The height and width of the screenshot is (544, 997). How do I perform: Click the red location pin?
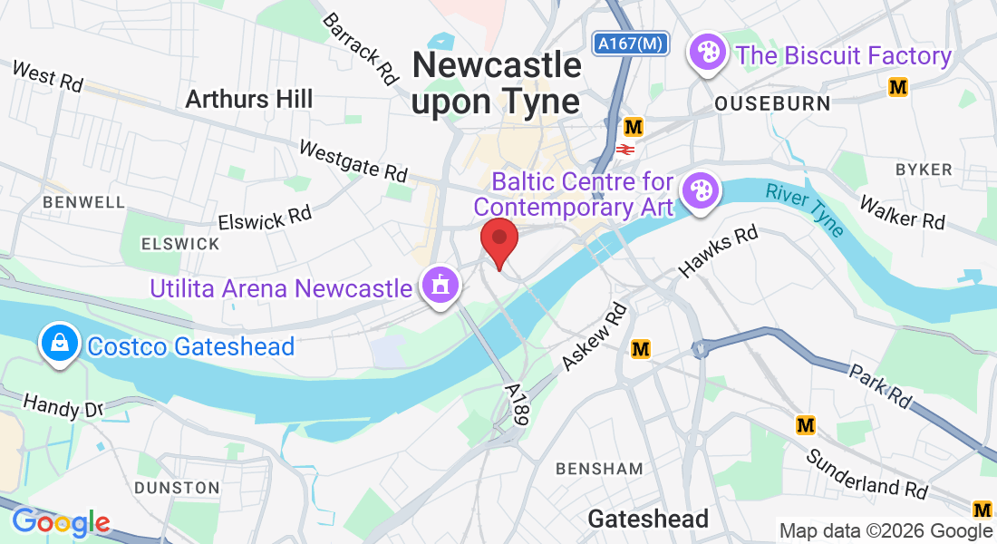coord(498,241)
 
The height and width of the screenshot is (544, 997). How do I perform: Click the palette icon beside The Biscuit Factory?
coord(707,54)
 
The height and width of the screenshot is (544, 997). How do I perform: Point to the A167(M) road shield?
coord(632,43)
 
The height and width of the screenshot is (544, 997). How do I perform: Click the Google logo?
coord(61,522)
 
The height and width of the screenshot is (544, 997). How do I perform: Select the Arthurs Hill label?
coord(248,99)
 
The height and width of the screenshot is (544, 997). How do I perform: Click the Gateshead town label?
coord(648,519)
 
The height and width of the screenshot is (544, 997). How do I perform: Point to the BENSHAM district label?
coord(599,469)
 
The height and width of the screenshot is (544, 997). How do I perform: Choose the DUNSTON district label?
coord(177,488)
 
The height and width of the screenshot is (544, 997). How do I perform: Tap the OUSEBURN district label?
coord(772,103)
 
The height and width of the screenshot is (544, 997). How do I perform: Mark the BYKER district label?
coord(924,170)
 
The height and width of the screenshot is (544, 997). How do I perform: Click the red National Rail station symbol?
coord(625,148)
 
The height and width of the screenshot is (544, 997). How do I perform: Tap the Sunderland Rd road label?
coord(867,473)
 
